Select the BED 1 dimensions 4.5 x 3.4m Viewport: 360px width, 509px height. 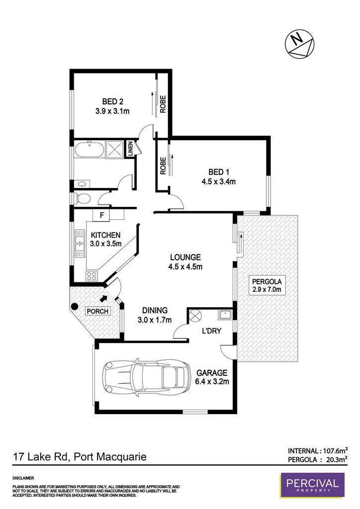(218, 181)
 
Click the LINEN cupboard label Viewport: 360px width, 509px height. (130, 149)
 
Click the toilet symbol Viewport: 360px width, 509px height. (83, 199)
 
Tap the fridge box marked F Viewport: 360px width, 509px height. (102, 215)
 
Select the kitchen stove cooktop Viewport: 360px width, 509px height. (91, 276)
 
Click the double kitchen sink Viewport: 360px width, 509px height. (80, 245)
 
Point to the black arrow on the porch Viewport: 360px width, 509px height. (103, 299)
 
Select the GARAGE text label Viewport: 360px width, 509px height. (212, 372)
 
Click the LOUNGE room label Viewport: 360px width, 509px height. (185, 257)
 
